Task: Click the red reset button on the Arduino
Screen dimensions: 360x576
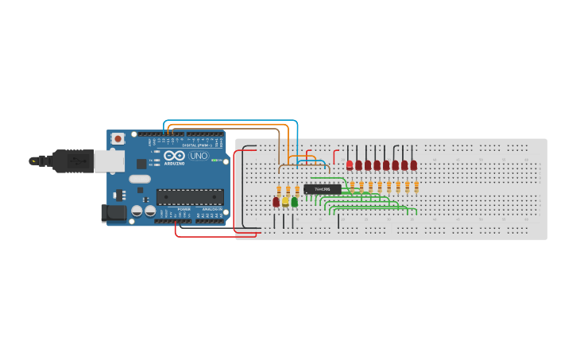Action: pyautogui.click(x=118, y=139)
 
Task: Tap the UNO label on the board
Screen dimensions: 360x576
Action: pyautogui.click(x=198, y=156)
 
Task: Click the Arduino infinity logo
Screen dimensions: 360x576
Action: pyautogui.click(x=175, y=156)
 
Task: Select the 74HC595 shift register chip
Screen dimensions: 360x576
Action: pyautogui.click(x=323, y=189)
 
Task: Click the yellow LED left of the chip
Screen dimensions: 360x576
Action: pyautogui.click(x=285, y=202)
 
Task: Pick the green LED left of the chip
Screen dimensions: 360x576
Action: pyautogui.click(x=295, y=202)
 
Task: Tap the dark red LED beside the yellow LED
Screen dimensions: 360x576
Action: pyautogui.click(x=276, y=202)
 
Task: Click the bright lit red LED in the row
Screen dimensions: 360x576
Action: pyautogui.click(x=350, y=165)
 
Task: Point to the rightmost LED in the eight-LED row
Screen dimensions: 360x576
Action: pyautogui.click(x=413, y=165)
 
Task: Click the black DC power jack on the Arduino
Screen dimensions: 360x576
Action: pyautogui.click(x=114, y=212)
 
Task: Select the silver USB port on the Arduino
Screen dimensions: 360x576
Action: pyautogui.click(x=109, y=161)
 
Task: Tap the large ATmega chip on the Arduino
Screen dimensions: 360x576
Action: pyautogui.click(x=189, y=197)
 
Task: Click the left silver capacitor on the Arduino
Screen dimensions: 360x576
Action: pyautogui.click(x=137, y=212)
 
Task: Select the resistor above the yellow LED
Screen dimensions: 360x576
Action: pyautogui.click(x=288, y=190)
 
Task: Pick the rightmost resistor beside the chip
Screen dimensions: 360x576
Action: pyautogui.click(x=416, y=187)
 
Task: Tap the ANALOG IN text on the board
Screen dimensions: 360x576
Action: pyautogui.click(x=212, y=210)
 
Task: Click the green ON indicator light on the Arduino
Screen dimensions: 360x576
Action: pyautogui.click(x=214, y=160)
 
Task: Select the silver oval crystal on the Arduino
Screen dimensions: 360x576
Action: pyautogui.click(x=140, y=179)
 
